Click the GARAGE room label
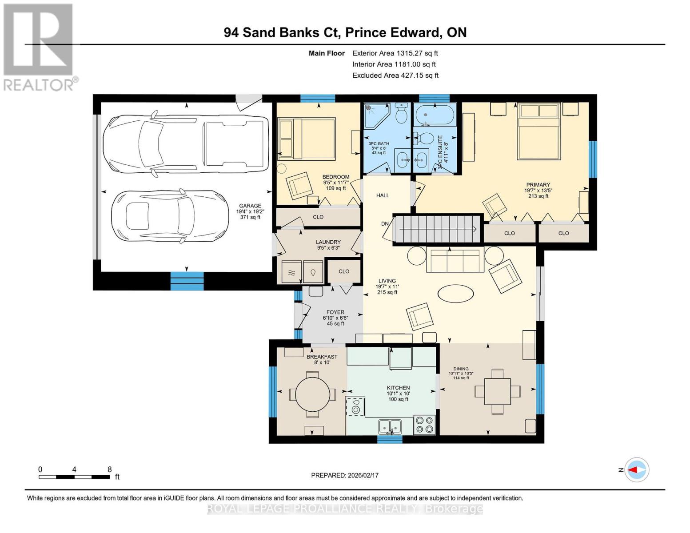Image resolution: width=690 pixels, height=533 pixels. (x=250, y=206)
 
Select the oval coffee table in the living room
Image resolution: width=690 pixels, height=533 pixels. (x=455, y=294)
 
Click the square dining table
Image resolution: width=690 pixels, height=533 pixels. (x=497, y=391)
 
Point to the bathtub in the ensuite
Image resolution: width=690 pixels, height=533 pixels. (x=435, y=115)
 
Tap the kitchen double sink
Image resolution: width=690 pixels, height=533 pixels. (x=390, y=427)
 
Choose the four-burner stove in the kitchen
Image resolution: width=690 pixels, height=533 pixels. (x=424, y=425)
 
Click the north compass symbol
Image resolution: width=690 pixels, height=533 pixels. (x=636, y=469)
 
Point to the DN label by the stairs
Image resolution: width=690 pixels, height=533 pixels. (x=385, y=223)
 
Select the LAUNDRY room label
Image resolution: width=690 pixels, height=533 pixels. (x=328, y=242)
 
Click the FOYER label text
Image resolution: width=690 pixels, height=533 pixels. (x=335, y=312)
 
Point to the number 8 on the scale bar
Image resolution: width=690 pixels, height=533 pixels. (x=110, y=469)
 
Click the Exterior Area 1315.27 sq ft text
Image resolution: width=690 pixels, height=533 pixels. (x=395, y=53)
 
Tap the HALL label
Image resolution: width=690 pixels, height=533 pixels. (x=383, y=195)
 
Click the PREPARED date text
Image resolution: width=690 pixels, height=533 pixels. (x=345, y=475)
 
